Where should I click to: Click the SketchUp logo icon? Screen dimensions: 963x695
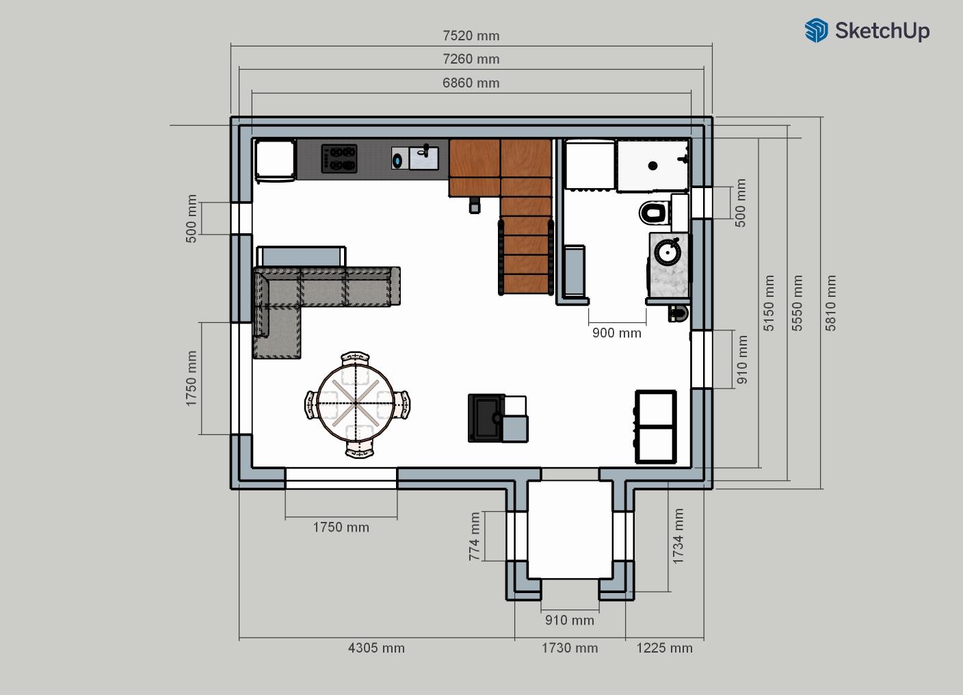click(x=816, y=30)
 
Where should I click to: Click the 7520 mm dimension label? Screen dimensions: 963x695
click(x=471, y=36)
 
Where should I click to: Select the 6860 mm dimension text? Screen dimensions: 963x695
click(x=471, y=83)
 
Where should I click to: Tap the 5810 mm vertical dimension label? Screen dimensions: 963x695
click(x=830, y=303)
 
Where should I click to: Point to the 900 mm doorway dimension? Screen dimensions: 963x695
click(x=617, y=333)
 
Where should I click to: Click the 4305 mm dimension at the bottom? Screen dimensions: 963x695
click(x=376, y=648)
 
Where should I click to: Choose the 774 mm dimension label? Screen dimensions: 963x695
click(x=474, y=536)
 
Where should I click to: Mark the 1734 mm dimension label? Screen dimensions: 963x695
click(x=678, y=536)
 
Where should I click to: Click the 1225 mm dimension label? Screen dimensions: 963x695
click(x=664, y=648)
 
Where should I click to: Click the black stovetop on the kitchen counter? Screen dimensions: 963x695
click(x=339, y=159)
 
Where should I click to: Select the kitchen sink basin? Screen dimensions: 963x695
click(x=423, y=158)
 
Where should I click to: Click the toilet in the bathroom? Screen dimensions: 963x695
click(x=654, y=213)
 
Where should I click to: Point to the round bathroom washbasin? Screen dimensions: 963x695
click(x=668, y=252)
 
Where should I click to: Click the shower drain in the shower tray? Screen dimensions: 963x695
click(x=652, y=166)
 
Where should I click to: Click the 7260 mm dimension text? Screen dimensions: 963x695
click(x=471, y=59)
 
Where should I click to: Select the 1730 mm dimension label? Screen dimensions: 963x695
click(x=570, y=648)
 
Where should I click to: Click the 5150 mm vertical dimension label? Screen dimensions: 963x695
click(x=769, y=303)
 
